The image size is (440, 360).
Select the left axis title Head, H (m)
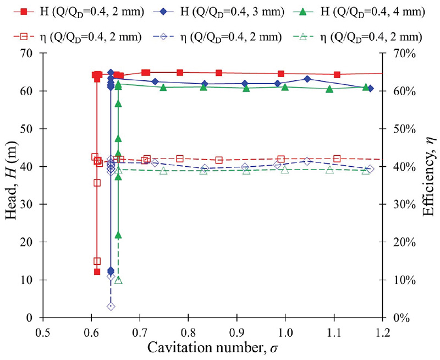click(x=10, y=186)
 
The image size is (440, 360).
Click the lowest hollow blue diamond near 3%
click(x=111, y=306)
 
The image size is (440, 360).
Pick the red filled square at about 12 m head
click(x=97, y=272)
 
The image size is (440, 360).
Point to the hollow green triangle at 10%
click(x=118, y=280)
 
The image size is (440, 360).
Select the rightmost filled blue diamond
click(x=370, y=89)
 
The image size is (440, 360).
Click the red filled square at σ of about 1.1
click(x=337, y=74)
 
